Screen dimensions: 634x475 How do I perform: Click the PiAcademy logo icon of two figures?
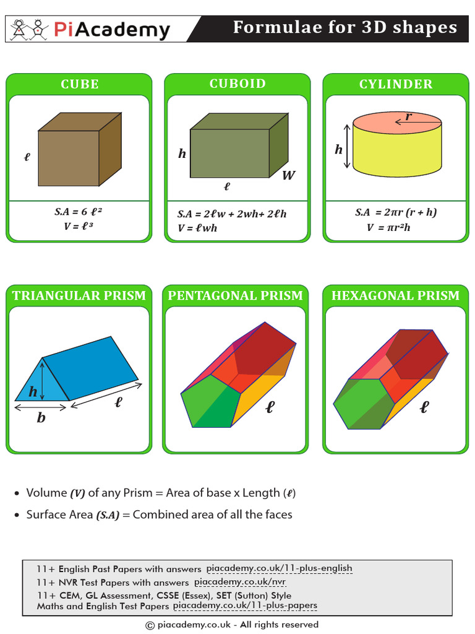coord(28,28)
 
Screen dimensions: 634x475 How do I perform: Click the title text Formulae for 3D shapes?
coord(344,28)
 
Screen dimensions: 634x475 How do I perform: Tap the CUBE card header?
coord(79,84)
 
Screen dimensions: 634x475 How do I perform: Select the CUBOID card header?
coord(237,84)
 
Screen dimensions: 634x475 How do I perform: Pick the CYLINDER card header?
coord(396,84)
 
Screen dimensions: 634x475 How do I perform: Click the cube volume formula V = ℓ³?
coord(78,227)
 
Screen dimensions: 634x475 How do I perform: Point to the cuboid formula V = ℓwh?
coord(197,228)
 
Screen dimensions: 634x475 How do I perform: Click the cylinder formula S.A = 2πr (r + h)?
coord(396,212)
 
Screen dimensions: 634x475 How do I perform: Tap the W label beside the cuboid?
coord(288,175)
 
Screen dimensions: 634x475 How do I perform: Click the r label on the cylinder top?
coord(408,116)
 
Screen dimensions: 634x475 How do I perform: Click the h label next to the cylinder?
coord(338,149)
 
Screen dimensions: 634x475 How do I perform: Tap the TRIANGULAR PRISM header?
coord(79,295)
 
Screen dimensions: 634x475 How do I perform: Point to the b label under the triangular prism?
coord(41,418)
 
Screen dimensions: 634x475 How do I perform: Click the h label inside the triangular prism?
coord(33,391)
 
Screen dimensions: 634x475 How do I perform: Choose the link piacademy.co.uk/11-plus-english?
coord(279,568)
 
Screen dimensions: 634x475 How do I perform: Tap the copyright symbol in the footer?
coord(149,625)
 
